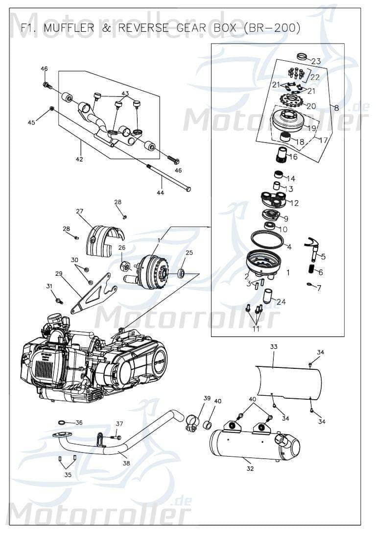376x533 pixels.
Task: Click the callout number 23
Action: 316,61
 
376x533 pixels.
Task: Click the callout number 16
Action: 293,157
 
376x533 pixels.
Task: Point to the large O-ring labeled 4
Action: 267,240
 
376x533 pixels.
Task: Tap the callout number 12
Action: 294,203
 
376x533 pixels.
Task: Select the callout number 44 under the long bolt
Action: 161,193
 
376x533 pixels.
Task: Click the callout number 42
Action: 79,159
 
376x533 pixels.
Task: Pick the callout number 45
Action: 31,122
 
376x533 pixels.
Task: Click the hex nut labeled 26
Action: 124,266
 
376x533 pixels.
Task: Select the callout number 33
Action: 274,346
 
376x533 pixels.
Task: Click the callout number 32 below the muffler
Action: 250,468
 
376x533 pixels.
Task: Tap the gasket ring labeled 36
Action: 63,422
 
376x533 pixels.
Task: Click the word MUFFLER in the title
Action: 71,29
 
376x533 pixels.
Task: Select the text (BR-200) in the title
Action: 272,29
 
